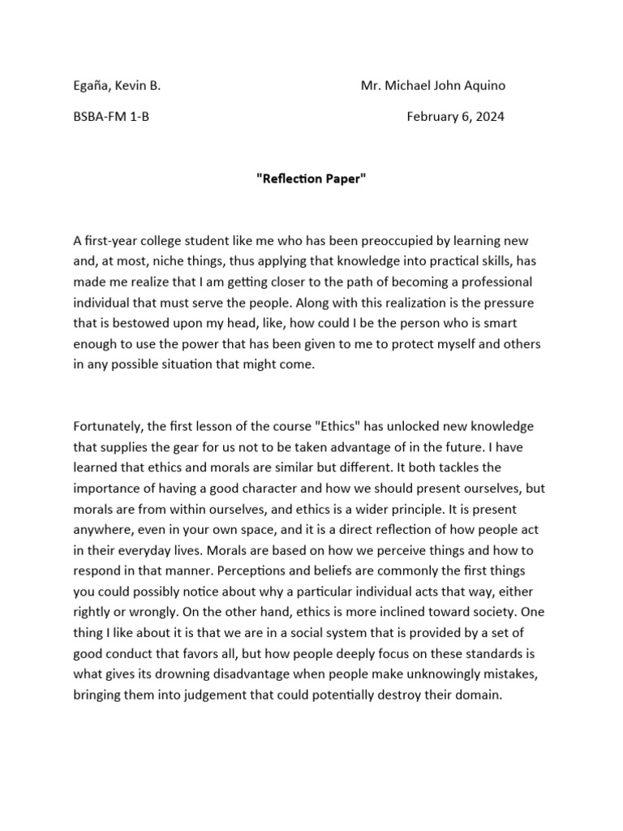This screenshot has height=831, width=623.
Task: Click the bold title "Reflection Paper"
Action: click(x=311, y=179)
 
